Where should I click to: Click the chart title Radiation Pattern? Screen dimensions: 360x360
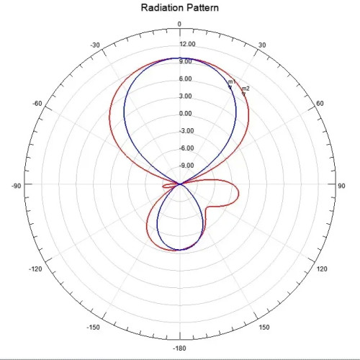[180, 7]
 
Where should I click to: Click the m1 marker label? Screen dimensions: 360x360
[232, 81]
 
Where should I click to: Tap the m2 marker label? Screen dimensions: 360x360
[246, 89]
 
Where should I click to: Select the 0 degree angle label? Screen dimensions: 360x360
[179, 24]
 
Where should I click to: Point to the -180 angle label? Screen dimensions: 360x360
[179, 348]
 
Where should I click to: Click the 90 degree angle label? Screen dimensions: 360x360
[341, 186]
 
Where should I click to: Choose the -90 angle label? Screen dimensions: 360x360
[17, 186]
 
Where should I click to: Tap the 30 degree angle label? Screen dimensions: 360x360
[262, 45]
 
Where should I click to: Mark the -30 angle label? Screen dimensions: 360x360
[95, 45]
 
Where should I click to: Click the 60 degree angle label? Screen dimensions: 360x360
[320, 104]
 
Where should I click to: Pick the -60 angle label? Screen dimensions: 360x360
[37, 104]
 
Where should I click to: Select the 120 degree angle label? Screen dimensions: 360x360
[322, 269]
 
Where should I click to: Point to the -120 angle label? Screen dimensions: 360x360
[35, 269]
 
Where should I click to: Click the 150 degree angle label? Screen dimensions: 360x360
[264, 327]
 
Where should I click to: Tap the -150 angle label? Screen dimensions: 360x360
[94, 327]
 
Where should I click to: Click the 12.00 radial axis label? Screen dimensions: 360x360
[187, 44]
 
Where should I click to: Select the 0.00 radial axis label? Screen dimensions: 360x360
[186, 113]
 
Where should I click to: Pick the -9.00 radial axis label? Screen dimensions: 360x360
[186, 166]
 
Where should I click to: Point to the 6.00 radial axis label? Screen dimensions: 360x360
[186, 78]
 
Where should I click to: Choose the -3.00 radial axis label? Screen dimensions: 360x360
[186, 131]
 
